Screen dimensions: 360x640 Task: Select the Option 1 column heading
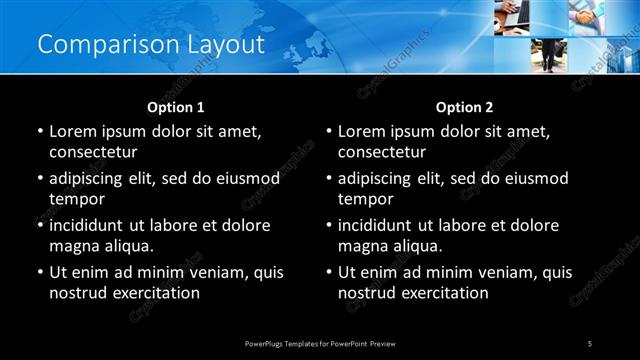(x=176, y=106)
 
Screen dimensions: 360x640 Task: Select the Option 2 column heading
(x=465, y=106)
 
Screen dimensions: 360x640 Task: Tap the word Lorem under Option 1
(x=73, y=131)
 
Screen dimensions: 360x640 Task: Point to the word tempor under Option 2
(x=367, y=199)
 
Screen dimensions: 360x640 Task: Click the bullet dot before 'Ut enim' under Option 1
(x=40, y=272)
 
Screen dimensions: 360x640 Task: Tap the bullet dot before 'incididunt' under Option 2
(x=329, y=225)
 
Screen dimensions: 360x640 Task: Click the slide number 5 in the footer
(x=590, y=343)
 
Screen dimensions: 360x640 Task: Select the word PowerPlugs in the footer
(x=266, y=343)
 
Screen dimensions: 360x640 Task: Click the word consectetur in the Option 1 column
(x=93, y=152)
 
